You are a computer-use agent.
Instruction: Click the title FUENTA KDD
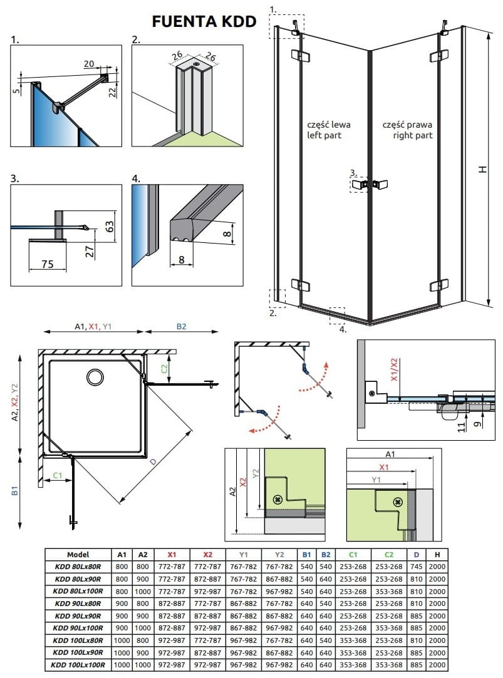(204, 21)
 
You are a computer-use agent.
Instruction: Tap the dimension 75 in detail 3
(47, 264)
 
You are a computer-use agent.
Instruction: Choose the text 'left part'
(324, 135)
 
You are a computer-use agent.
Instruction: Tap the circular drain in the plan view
(96, 376)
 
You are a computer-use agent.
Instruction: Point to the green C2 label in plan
(163, 369)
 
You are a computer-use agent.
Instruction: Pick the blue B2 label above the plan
(182, 326)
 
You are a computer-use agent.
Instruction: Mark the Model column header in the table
(78, 554)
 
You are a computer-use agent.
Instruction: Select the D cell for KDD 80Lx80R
(417, 567)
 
